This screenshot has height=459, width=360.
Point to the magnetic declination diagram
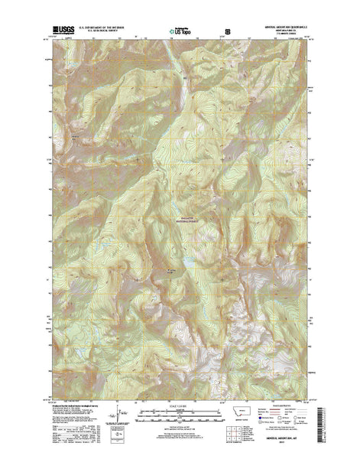112,417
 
